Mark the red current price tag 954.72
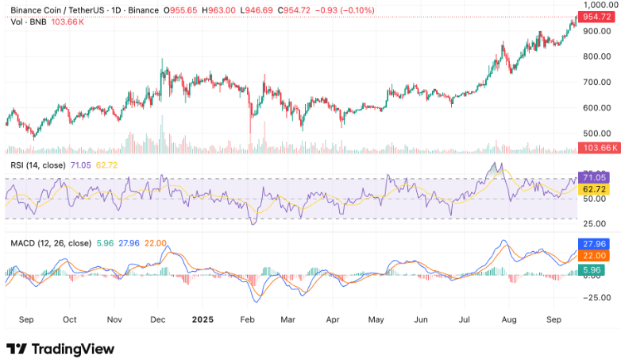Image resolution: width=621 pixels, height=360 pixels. [x=596, y=16]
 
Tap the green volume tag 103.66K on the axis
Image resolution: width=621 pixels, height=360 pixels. [x=596, y=149]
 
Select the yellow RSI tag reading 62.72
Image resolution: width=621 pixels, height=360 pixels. [x=595, y=189]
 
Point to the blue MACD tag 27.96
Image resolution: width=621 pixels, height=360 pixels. [x=595, y=243]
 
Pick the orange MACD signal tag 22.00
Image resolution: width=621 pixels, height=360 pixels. [x=595, y=255]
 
